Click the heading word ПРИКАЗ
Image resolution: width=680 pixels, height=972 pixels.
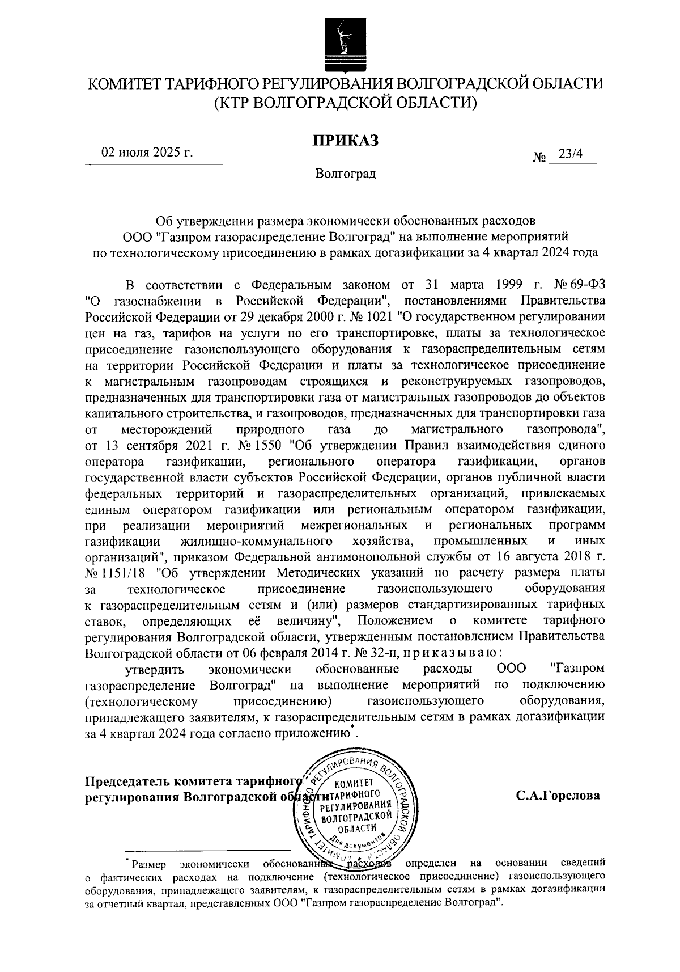(345, 140)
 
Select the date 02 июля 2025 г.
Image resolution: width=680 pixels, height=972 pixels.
(147, 152)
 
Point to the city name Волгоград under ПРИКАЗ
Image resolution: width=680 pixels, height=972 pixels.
(346, 173)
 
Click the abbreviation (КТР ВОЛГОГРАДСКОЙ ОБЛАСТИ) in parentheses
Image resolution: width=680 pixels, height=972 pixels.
(345, 103)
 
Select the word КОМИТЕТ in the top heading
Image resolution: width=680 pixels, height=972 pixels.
(123, 85)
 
